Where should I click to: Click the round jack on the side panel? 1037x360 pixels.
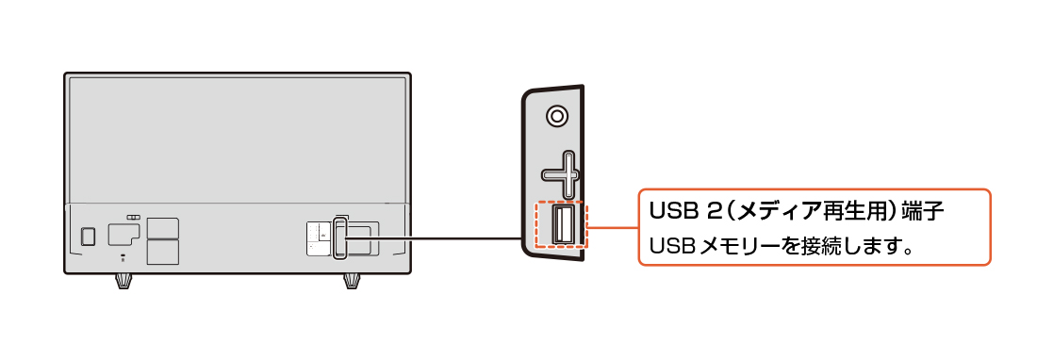(557, 116)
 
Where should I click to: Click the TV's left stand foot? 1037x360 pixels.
(123, 282)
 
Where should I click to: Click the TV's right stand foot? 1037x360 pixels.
(352, 282)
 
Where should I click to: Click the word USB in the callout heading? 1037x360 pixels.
(671, 213)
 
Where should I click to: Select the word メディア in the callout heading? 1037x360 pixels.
(766, 213)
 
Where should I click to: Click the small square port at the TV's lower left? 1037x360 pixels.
(88, 237)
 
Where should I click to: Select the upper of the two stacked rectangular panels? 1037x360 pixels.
(163, 228)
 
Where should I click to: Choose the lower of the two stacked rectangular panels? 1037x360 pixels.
(163, 250)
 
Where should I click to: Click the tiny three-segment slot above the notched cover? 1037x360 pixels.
(134, 217)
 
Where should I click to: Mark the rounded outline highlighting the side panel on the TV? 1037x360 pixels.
(334, 237)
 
